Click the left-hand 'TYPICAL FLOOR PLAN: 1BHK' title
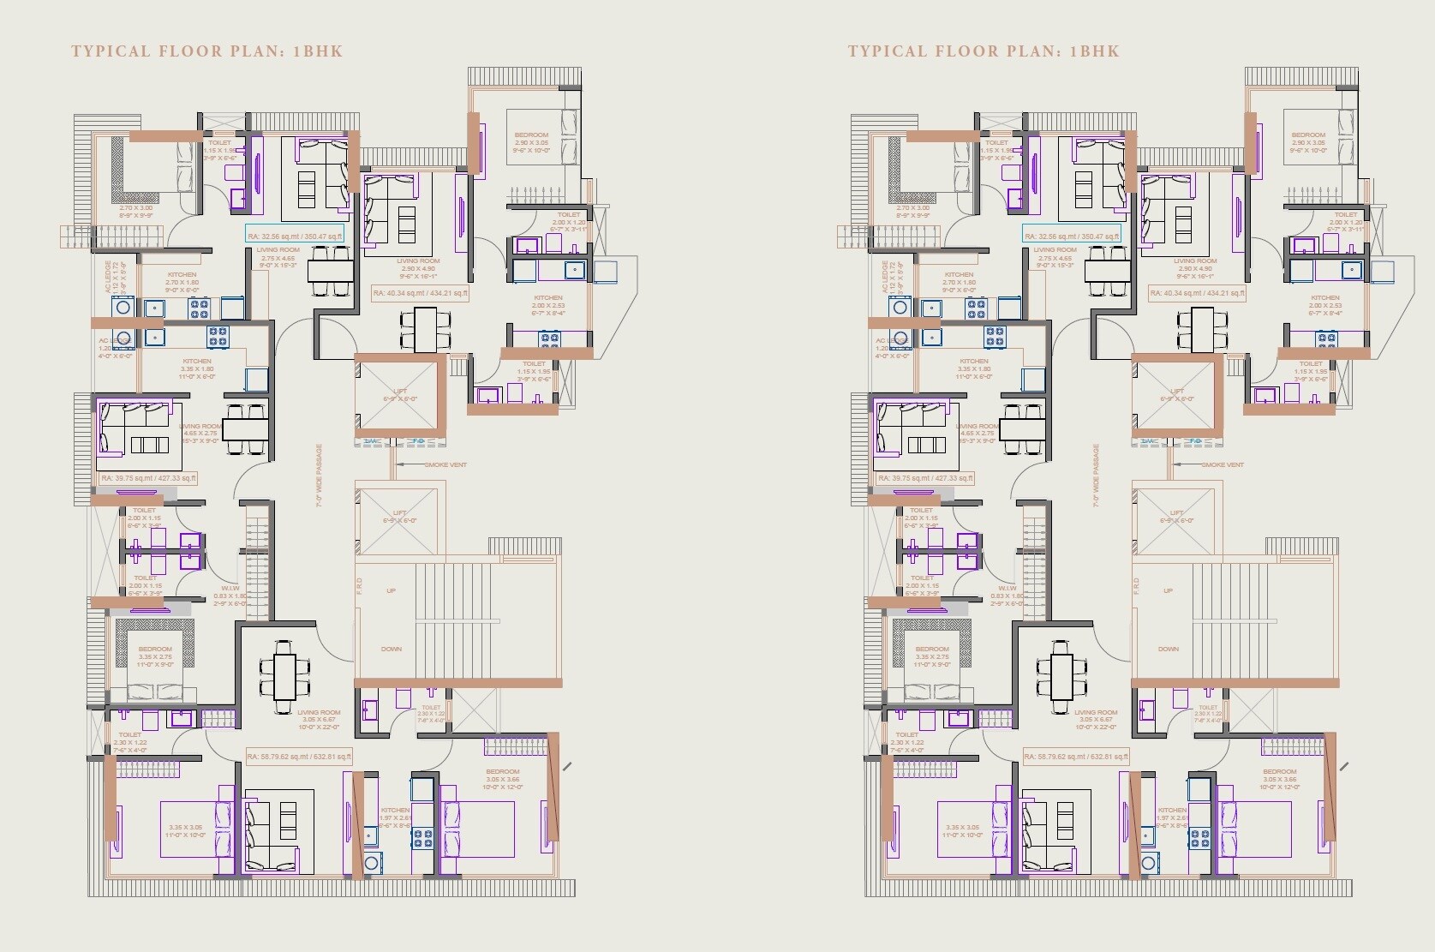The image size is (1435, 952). (x=206, y=51)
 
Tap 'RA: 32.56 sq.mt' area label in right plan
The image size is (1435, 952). (x=1072, y=237)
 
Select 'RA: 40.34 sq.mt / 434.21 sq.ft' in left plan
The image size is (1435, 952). (x=420, y=293)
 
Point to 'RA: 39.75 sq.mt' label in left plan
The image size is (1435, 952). (x=148, y=478)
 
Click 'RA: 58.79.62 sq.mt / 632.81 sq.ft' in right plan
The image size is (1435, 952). (x=1076, y=757)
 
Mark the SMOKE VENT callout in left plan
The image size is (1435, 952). (x=445, y=464)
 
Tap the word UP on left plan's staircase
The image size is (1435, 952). (x=392, y=590)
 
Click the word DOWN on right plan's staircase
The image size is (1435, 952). (x=1169, y=649)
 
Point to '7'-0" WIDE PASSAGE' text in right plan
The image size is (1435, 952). (x=1096, y=476)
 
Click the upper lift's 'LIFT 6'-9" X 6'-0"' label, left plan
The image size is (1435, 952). (x=400, y=395)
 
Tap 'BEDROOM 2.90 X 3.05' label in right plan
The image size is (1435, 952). (x=1308, y=142)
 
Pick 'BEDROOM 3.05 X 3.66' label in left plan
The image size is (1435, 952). (x=501, y=779)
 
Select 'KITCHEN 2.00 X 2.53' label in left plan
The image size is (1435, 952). (x=548, y=305)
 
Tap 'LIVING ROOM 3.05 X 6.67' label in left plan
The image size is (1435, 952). (x=319, y=719)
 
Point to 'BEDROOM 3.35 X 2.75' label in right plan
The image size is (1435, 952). (x=932, y=656)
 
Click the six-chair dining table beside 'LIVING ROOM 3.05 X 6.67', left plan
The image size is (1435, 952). (x=284, y=676)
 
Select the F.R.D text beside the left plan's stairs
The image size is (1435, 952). (x=360, y=586)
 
